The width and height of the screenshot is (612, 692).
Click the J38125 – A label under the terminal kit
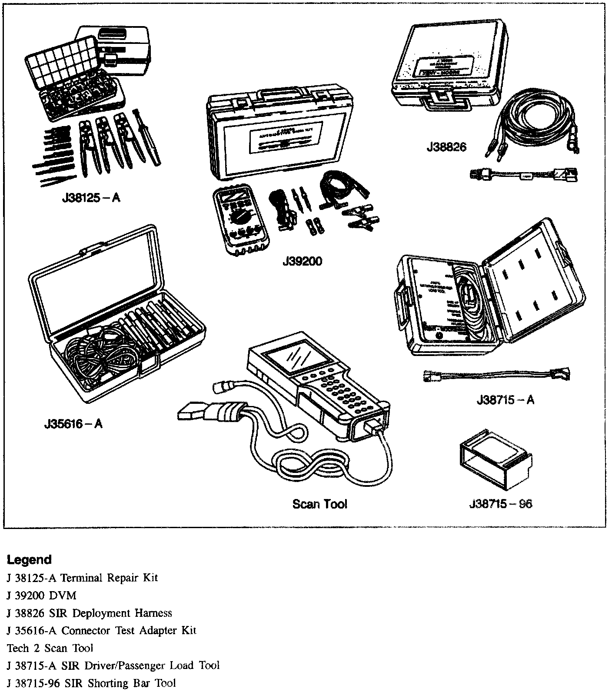pos(91,198)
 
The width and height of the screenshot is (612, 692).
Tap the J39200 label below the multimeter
pos(302,262)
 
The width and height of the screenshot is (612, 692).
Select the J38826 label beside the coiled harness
pos(446,147)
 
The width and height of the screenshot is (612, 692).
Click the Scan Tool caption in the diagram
pos(320,504)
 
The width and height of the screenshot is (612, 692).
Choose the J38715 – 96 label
pos(501,504)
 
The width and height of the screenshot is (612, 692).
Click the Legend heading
pos(29,560)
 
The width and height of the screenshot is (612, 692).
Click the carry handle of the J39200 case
pos(281,92)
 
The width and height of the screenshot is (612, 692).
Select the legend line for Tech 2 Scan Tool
pos(50,648)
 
